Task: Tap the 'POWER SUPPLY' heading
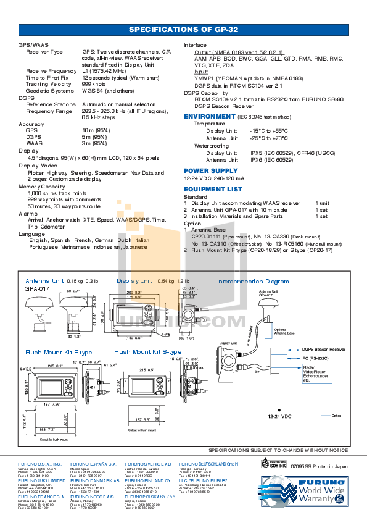(x=210, y=170)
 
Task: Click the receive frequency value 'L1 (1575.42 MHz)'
(x=109, y=72)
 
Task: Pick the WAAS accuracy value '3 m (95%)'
(x=96, y=143)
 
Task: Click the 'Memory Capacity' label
(x=42, y=186)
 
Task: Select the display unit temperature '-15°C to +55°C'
(x=268, y=132)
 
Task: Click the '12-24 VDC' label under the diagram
(x=279, y=417)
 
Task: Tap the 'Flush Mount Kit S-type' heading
(x=143, y=352)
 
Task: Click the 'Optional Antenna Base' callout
(x=281, y=332)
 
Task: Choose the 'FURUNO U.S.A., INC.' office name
(x=39, y=463)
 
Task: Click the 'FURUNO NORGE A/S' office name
(x=92, y=496)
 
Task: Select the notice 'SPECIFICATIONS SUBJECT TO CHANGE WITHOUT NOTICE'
(x=278, y=451)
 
